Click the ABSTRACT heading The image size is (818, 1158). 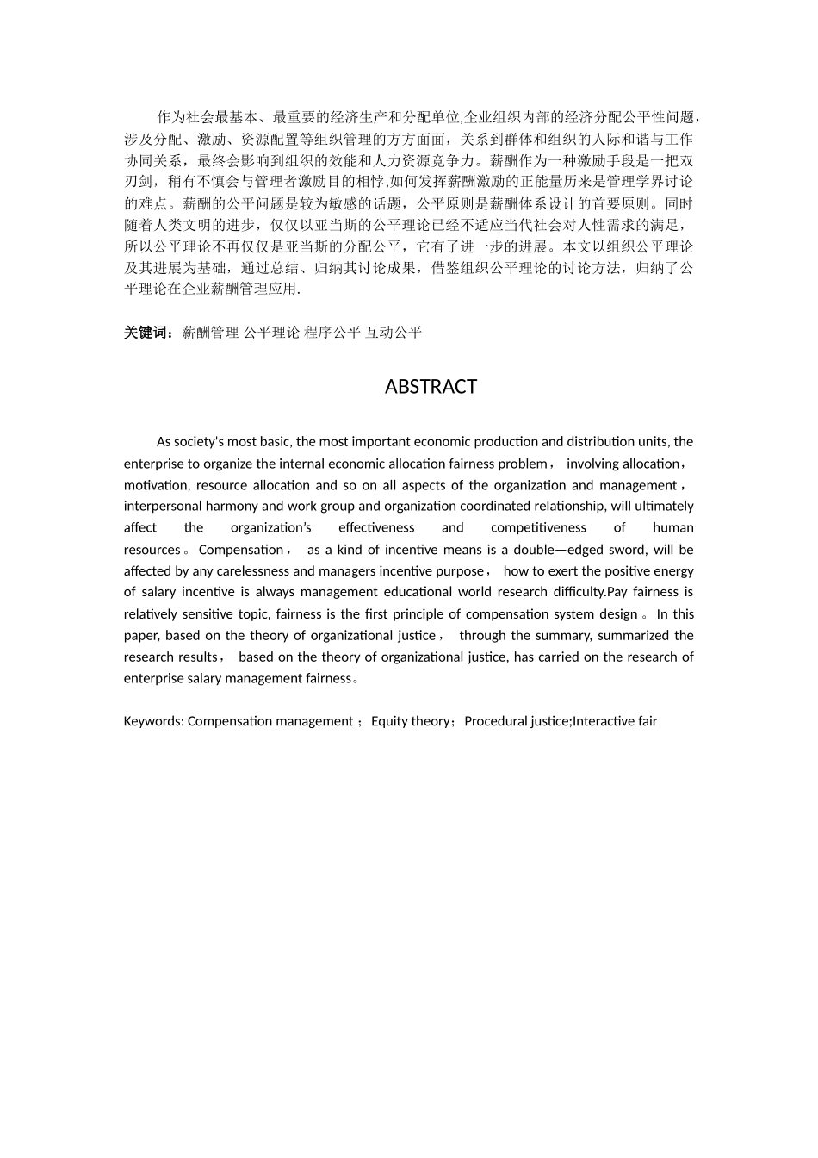(x=431, y=387)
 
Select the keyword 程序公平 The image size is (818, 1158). (x=332, y=333)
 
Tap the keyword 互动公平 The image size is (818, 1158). (x=394, y=333)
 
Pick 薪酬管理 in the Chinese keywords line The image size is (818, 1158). (x=210, y=333)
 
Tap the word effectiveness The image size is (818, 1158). (x=376, y=528)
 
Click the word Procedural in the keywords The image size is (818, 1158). (x=494, y=721)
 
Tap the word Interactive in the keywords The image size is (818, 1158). (x=603, y=721)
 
